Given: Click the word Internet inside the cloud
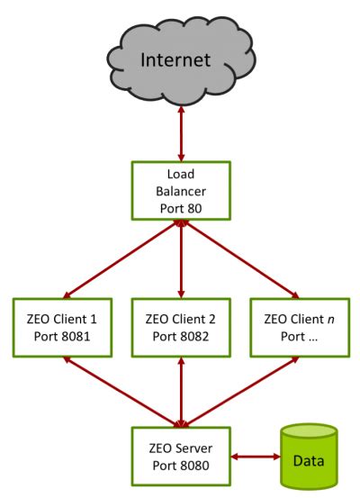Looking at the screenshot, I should pos(182,60).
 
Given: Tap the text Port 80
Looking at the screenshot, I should pos(182,210).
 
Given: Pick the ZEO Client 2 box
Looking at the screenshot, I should pos(182,328).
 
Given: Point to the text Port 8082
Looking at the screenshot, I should pos(182,337).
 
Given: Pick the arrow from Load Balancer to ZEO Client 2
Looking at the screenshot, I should pos(182,261).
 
